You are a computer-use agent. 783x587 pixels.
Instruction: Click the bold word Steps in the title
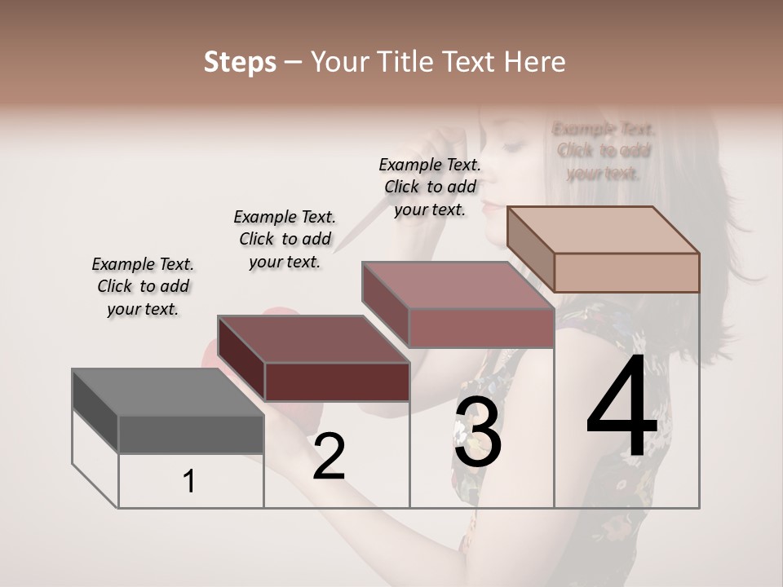pyautogui.click(x=240, y=62)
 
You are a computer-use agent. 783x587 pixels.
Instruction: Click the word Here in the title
pyautogui.click(x=535, y=62)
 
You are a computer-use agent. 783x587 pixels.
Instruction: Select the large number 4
pyautogui.click(x=622, y=408)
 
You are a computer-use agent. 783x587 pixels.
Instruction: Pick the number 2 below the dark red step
pyautogui.click(x=329, y=457)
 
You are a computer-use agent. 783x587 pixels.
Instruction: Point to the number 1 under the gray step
pyautogui.click(x=189, y=482)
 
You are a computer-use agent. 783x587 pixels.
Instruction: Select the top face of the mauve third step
pyautogui.click(x=458, y=285)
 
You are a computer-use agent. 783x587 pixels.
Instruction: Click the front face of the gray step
pyautogui.click(x=191, y=434)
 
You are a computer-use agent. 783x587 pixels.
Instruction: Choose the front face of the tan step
pyautogui.click(x=626, y=272)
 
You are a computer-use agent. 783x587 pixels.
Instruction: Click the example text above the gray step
pyautogui.click(x=143, y=286)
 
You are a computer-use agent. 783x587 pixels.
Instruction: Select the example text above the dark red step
pyautogui.click(x=285, y=239)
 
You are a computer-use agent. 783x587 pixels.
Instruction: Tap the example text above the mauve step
pyautogui.click(x=430, y=187)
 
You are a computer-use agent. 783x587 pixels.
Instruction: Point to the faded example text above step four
pyautogui.click(x=604, y=151)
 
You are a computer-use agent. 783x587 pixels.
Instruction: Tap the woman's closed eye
pyautogui.click(x=511, y=146)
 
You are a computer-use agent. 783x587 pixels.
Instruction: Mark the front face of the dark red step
pyautogui.click(x=336, y=382)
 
